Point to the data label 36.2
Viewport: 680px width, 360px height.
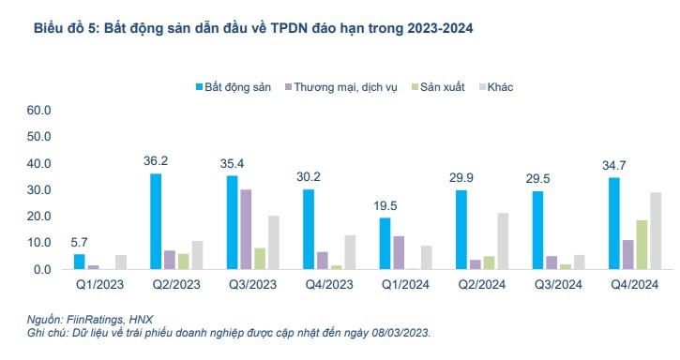click(157, 161)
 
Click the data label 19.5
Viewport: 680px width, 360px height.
click(385, 205)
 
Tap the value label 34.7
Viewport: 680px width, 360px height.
click(614, 165)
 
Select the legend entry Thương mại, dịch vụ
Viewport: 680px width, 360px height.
click(338, 87)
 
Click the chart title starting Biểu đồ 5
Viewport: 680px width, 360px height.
click(253, 30)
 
